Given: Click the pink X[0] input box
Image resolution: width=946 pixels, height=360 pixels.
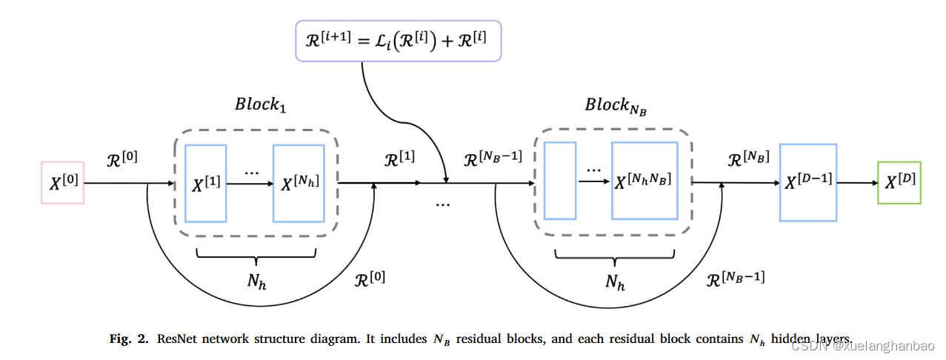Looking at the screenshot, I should tap(62, 183).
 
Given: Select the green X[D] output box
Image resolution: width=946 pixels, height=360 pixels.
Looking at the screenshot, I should tap(899, 183).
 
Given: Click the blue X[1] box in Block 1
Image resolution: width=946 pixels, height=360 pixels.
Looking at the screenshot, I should tap(205, 184).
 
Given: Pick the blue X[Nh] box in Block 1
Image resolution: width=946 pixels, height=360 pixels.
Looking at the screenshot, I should tap(299, 184).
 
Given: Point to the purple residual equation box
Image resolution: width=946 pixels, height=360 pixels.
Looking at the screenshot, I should tap(398, 40).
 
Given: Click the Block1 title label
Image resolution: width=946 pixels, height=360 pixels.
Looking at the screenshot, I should tap(260, 104).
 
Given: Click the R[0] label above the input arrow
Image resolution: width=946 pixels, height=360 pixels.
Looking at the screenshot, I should tap(122, 159).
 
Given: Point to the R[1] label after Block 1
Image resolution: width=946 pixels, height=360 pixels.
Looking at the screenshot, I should tap(399, 159).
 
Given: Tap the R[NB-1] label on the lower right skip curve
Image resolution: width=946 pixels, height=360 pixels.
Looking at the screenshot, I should tap(734, 279).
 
